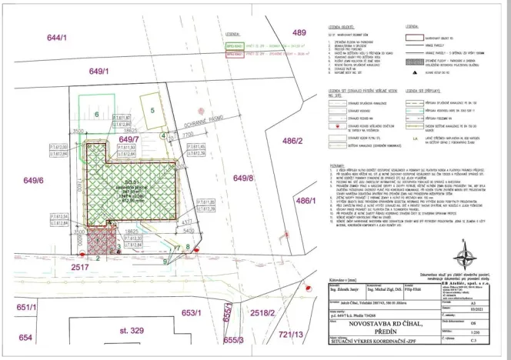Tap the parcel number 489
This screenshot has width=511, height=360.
299,32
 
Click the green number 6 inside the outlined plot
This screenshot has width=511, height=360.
97,115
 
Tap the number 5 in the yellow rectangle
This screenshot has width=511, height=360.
152,111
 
